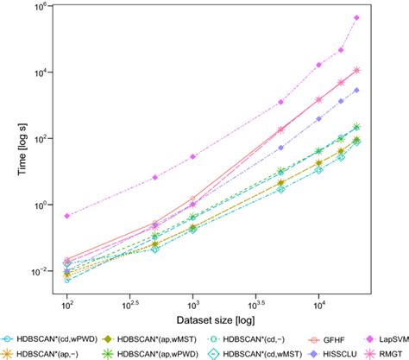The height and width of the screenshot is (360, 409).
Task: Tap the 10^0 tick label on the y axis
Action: tap(38, 205)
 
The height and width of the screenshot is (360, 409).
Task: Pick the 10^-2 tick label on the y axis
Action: tap(37, 271)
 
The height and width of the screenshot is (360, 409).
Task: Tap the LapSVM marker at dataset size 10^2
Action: tap(67, 216)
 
